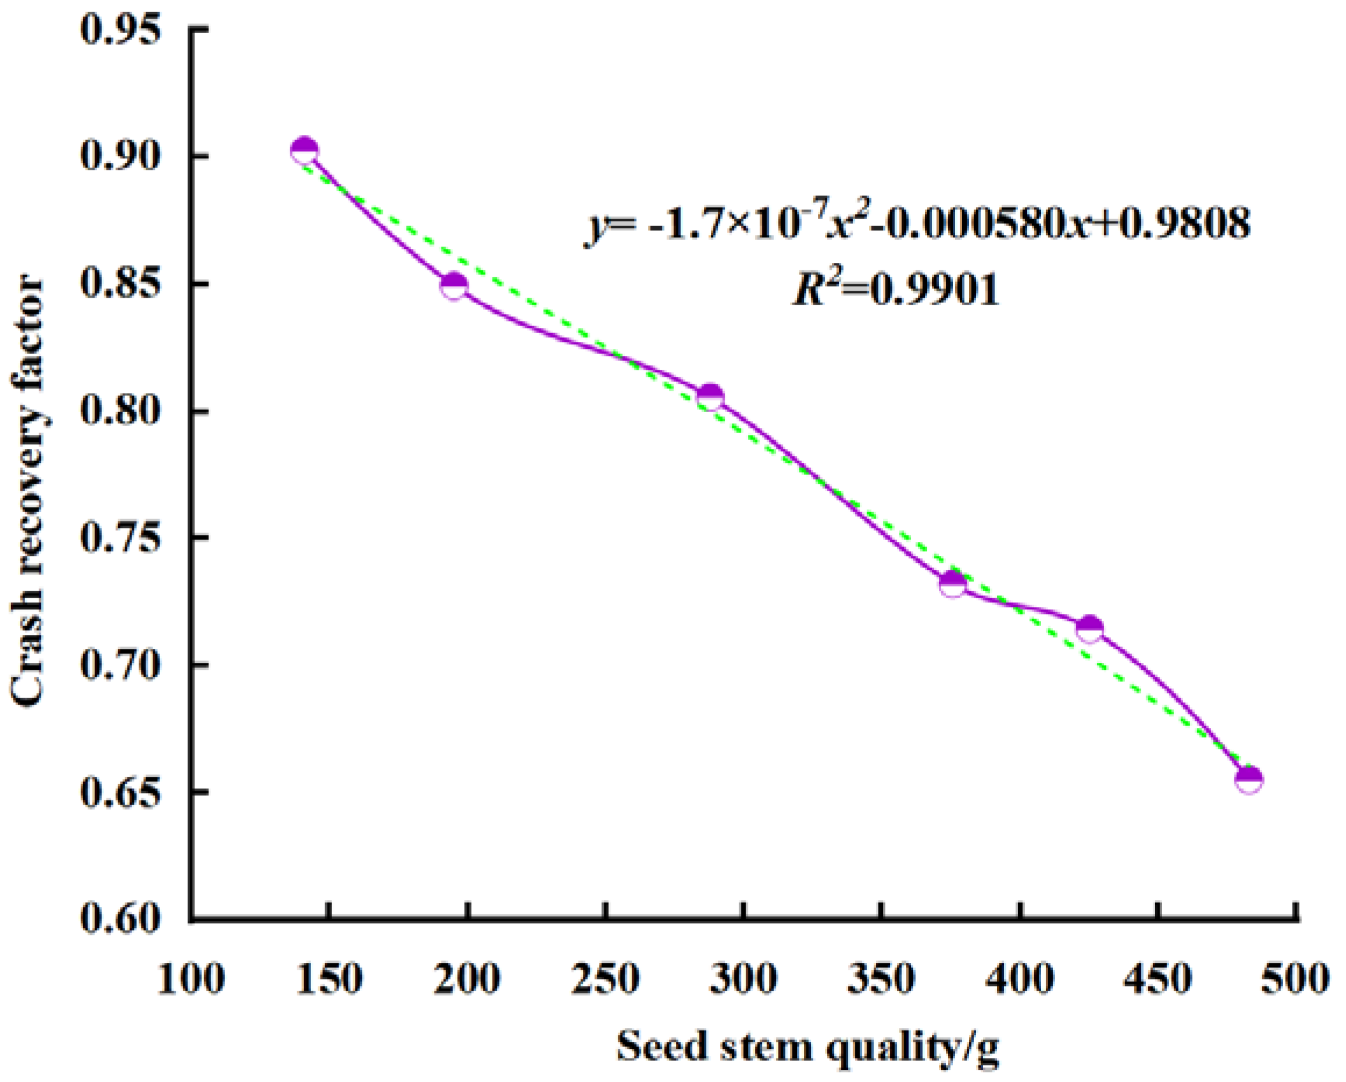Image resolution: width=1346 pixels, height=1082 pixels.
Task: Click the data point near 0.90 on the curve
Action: (x=305, y=151)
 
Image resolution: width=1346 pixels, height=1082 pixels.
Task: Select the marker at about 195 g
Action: (x=454, y=287)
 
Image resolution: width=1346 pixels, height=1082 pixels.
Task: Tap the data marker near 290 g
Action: (x=710, y=397)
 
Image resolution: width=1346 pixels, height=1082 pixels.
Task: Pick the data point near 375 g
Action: (x=953, y=583)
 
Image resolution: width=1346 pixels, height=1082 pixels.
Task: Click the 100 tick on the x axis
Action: (x=190, y=979)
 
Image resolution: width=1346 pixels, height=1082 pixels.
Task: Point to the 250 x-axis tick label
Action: (x=606, y=979)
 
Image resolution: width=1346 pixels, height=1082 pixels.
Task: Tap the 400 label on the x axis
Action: (x=1020, y=979)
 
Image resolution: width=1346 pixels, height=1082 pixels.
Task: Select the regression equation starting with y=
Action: (x=918, y=226)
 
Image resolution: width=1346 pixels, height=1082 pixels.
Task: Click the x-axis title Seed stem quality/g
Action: (x=808, y=1046)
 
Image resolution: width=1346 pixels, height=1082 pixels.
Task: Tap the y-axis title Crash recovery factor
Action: (x=27, y=493)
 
